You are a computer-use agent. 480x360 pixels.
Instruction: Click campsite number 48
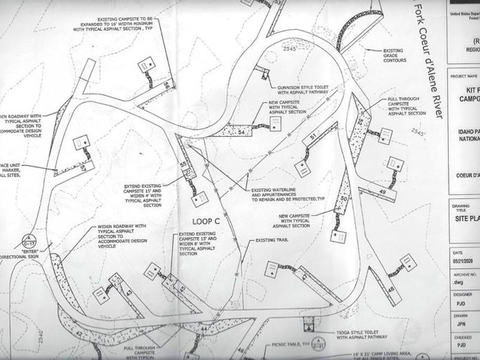(391, 291)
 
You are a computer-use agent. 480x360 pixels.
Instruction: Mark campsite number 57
(82, 166)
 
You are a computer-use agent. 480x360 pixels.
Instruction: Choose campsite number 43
(128, 292)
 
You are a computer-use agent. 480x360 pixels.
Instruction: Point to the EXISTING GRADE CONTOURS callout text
(393, 55)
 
